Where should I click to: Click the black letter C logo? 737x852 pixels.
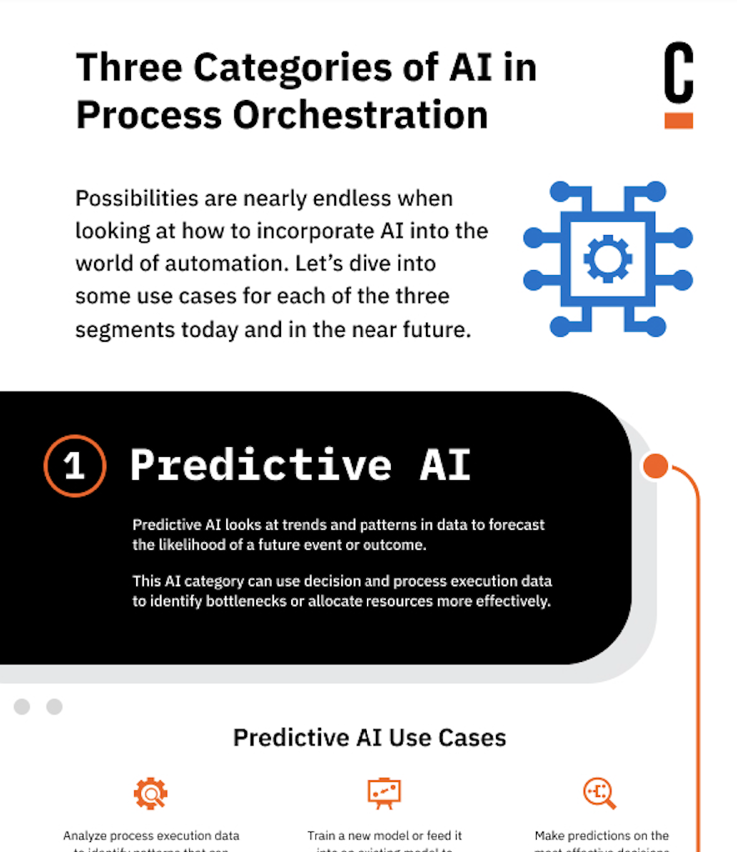[x=678, y=73]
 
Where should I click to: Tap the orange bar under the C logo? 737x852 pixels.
[x=678, y=120]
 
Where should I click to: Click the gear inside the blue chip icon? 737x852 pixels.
[x=607, y=258]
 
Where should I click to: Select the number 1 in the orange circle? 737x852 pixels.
[x=74, y=465]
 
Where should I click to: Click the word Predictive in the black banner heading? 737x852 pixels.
[x=260, y=464]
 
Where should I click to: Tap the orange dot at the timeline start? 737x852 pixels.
[x=656, y=466]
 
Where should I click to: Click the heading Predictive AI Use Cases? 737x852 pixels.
[x=369, y=738]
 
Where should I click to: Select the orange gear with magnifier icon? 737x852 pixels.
[x=151, y=793]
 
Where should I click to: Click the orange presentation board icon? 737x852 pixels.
[x=384, y=793]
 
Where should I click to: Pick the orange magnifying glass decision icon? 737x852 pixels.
[x=599, y=793]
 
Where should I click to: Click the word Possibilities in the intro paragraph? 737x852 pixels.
[x=135, y=199]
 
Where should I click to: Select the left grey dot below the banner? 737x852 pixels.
[x=23, y=707]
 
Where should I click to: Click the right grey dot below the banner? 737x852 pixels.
[x=54, y=707]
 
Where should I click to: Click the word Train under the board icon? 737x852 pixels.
[x=323, y=835]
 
